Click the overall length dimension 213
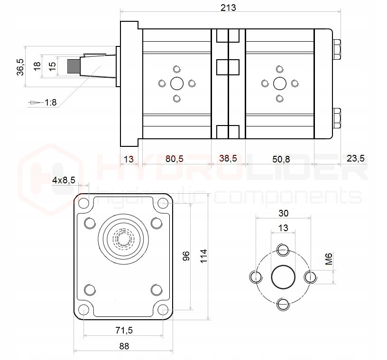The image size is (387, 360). coord(228,8)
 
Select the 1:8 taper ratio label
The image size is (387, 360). coord(50,102)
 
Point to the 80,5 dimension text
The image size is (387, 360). coord(175,159)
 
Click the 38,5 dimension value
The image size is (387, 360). coord(228,159)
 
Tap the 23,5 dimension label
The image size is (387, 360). coord(355,159)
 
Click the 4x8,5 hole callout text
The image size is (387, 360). coord(64,180)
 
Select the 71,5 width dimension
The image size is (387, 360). coord(124,329)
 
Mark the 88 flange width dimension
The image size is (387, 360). coord(124,346)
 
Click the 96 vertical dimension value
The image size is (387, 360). coord(186,256)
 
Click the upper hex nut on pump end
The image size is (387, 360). coord(337,49)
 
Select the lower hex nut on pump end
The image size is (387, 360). coord(337,118)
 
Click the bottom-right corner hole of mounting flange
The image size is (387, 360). coord(164,311)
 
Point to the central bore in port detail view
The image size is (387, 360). coord(283,276)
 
